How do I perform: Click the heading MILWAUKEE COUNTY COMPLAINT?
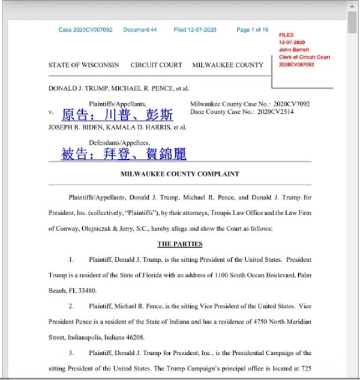pos(180,174)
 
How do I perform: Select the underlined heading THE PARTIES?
pos(180,244)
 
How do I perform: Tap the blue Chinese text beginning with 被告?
pos(124,154)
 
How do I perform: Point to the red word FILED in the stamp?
pos(286,35)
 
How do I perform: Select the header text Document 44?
pos(140,29)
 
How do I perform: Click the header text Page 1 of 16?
pos(253,29)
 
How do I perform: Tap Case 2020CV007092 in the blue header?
pos(85,29)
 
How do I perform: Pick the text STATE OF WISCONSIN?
pos(83,65)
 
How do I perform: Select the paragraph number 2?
pos(71,306)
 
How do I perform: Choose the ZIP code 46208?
pos(135,337)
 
